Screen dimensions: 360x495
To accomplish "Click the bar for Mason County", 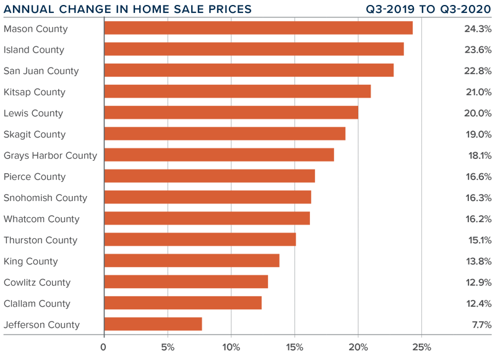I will click(x=258, y=28).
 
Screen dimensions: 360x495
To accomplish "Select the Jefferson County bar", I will click(x=153, y=324).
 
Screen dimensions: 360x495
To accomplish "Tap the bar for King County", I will click(x=192, y=261).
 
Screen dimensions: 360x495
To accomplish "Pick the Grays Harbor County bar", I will click(x=219, y=155).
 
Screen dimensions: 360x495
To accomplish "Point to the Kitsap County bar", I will click(x=238, y=92).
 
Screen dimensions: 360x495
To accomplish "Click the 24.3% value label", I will click(x=478, y=28).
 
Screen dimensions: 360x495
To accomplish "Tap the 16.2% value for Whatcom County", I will click(x=478, y=219).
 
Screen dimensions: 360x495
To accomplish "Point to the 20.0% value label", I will click(x=478, y=113).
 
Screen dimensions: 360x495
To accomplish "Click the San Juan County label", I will click(x=41, y=71).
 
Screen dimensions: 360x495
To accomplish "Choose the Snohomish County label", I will click(x=45, y=198).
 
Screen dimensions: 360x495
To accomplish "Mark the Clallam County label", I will click(x=37, y=304).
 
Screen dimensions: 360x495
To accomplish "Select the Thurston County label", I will click(x=40, y=240).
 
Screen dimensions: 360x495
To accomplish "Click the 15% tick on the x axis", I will click(x=295, y=347).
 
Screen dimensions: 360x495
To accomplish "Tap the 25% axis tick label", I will click(x=422, y=347).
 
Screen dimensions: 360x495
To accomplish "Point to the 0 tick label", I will click(x=104, y=347).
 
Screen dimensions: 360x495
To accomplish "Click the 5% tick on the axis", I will click(x=168, y=347).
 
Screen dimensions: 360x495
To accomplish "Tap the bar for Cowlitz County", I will click(x=186, y=282).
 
